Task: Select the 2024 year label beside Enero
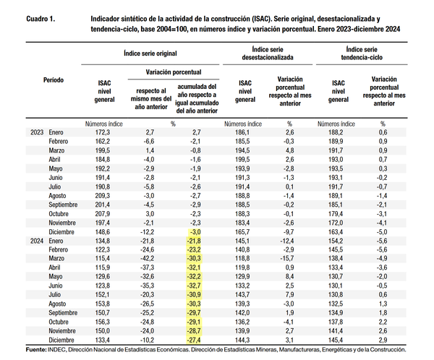pyautogui.click(x=37, y=240)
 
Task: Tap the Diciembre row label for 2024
pyautogui.click(x=64, y=339)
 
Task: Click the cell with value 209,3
pyautogui.click(x=102, y=194)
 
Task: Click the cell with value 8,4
pyautogui.click(x=289, y=276)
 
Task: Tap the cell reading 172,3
pyautogui.click(x=102, y=132)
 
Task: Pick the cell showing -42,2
pyautogui.click(x=147, y=258)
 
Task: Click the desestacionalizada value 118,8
pyautogui.click(x=242, y=267)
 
